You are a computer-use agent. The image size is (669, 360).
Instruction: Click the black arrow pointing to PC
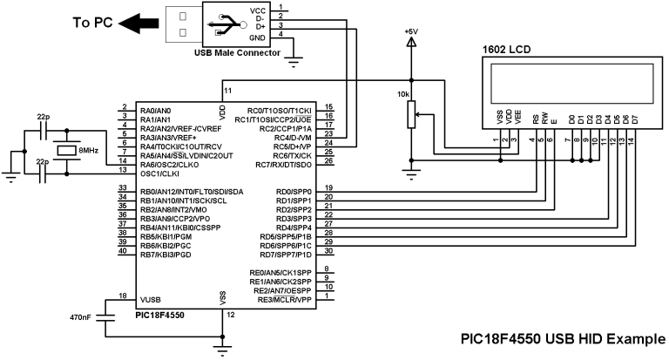click(139, 23)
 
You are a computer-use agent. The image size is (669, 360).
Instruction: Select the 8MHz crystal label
click(89, 150)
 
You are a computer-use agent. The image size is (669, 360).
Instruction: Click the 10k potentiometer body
click(411, 114)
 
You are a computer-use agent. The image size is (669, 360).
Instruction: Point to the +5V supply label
click(411, 31)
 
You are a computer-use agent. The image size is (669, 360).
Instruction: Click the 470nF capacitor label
click(80, 317)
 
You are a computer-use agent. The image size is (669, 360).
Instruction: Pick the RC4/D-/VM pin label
click(293, 138)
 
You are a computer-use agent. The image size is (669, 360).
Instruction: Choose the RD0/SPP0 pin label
click(294, 192)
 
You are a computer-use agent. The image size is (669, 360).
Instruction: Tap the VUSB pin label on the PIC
click(151, 300)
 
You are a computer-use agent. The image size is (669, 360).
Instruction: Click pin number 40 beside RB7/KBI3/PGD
click(123, 251)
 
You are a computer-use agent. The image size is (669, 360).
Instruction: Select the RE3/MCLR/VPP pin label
click(285, 300)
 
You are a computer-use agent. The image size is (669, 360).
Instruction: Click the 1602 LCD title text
click(506, 50)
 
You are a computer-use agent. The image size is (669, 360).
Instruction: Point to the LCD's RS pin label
click(536, 119)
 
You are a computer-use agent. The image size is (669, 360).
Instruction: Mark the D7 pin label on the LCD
click(635, 119)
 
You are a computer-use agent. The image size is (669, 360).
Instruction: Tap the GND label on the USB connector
click(257, 38)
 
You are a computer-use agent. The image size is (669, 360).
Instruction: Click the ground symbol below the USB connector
click(294, 63)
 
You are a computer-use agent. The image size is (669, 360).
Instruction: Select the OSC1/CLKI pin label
click(159, 173)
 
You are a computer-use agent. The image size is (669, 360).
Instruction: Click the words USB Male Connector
click(237, 53)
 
